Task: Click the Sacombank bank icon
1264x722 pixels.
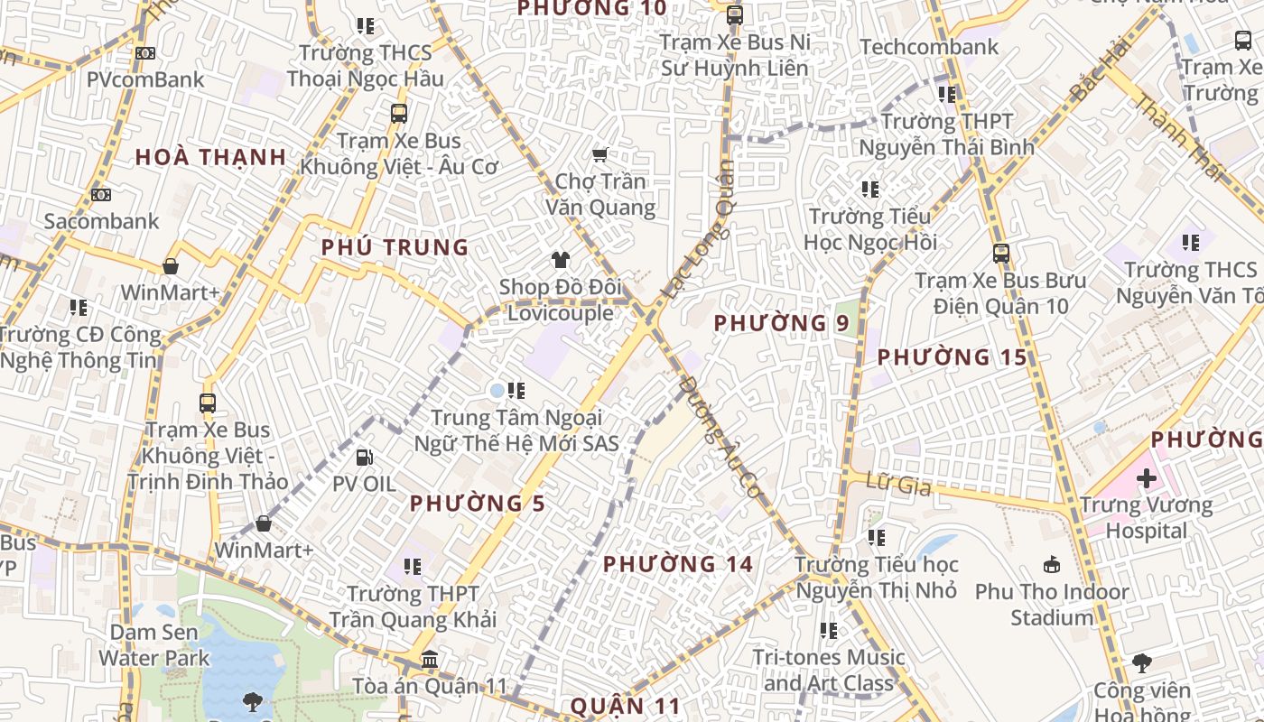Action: pos(101,195)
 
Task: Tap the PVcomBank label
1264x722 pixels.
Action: pos(145,79)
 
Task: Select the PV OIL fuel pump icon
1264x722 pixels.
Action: pos(364,458)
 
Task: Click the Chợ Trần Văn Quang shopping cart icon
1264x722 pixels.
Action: pos(599,155)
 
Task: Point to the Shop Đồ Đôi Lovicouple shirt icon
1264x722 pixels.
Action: pos(561,261)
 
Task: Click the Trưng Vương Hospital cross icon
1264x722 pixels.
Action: pos(1147,478)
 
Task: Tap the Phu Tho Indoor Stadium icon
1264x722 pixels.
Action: pos(1052,566)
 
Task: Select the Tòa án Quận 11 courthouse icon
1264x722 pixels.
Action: pos(430,660)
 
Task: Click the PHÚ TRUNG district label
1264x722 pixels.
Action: pos(395,247)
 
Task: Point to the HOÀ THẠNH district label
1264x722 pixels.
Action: pos(211,157)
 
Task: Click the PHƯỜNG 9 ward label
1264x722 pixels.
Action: pos(782,322)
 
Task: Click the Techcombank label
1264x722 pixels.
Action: pos(929,47)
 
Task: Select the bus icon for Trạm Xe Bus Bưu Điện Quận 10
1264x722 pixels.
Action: pos(1000,254)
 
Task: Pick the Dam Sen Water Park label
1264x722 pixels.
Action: pos(154,645)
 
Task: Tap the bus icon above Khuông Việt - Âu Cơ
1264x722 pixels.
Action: pos(399,114)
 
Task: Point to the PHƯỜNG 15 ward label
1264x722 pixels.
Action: pos(953,357)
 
